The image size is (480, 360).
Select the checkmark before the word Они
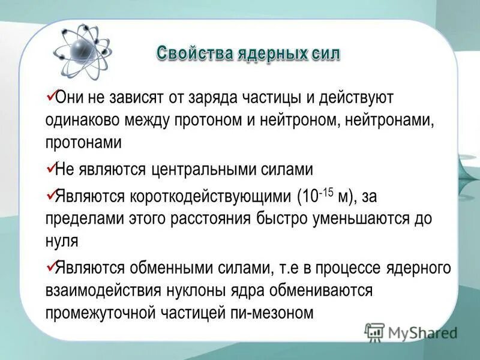click(x=50, y=95)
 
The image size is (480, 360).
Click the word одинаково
click(x=82, y=120)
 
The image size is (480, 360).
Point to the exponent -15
click(x=326, y=192)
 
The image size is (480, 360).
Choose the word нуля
click(x=62, y=241)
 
